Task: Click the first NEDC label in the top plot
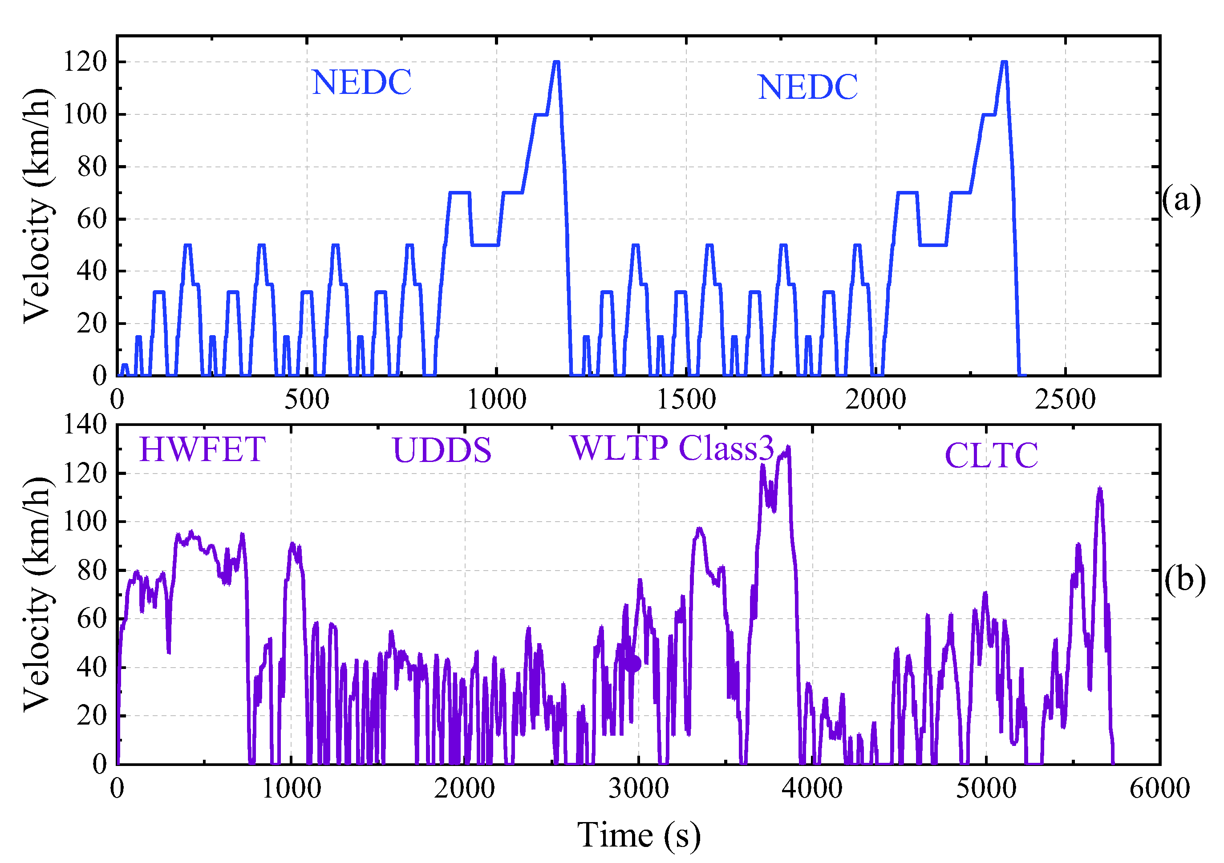(x=361, y=83)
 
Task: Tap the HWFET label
(x=202, y=450)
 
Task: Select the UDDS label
(x=442, y=450)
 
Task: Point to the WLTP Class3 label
(x=671, y=448)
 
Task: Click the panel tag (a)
(x=1181, y=200)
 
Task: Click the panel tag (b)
(x=1184, y=579)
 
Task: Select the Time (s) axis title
(x=639, y=835)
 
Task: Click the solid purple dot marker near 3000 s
(x=633, y=664)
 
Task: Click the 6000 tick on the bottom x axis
(x=1159, y=788)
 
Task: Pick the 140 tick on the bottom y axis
(x=85, y=425)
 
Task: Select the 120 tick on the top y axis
(x=85, y=61)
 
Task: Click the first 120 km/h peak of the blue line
(x=556, y=62)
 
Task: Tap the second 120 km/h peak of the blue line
(x=1004, y=62)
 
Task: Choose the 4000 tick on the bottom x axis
(x=812, y=788)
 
